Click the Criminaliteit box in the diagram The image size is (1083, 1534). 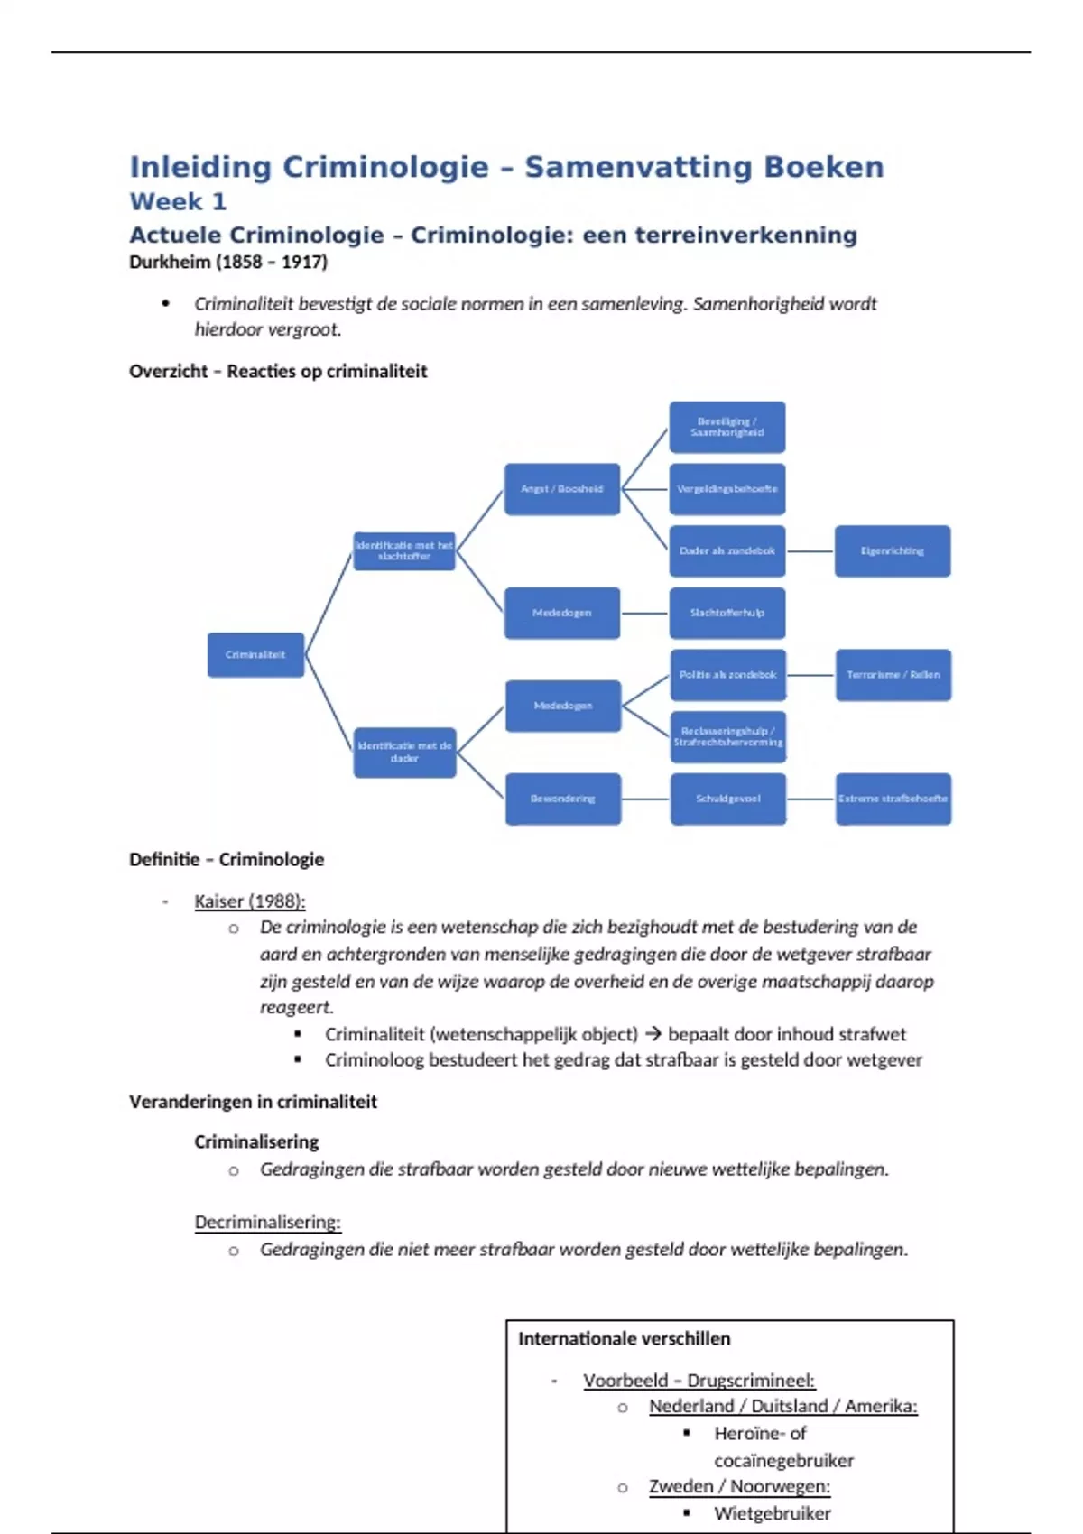(255, 655)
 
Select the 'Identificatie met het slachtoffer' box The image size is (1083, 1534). (404, 550)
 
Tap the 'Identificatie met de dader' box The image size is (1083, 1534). (404, 752)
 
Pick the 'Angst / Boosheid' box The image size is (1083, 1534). (561, 489)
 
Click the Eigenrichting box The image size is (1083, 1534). (893, 550)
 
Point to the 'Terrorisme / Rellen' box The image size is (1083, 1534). (893, 675)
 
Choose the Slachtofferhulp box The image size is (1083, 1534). (727, 613)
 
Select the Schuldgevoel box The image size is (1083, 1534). (727, 799)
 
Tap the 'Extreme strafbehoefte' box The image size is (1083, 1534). (893, 799)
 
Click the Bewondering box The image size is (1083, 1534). (562, 799)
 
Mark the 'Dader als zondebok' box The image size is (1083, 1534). (727, 550)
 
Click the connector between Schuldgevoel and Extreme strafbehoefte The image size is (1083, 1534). (810, 799)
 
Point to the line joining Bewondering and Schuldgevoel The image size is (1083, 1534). (645, 799)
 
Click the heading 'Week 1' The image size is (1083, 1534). (178, 201)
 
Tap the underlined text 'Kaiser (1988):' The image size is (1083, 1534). (250, 901)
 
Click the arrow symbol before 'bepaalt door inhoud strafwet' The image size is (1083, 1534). (653, 1034)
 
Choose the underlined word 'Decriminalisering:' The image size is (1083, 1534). (268, 1223)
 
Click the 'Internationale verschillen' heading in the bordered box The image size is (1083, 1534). (625, 1339)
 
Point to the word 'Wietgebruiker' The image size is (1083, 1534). (773, 1513)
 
